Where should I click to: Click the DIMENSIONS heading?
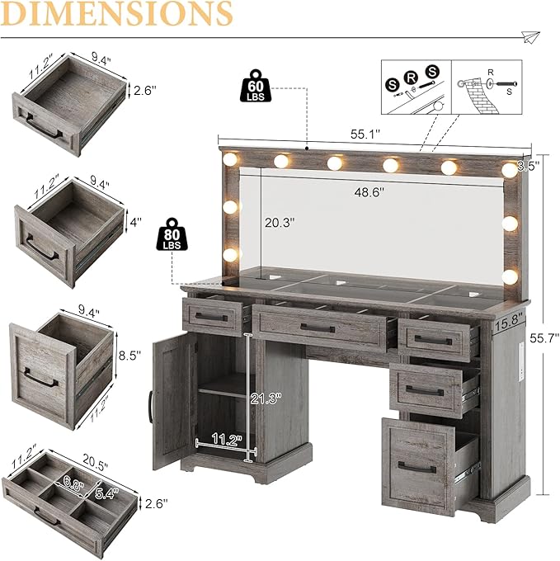tap(116, 14)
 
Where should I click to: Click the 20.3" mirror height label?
tap(279, 222)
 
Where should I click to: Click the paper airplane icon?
tap(529, 36)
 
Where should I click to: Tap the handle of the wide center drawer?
tap(318, 328)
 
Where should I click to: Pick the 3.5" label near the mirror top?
tap(528, 166)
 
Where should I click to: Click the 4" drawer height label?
tap(134, 222)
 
